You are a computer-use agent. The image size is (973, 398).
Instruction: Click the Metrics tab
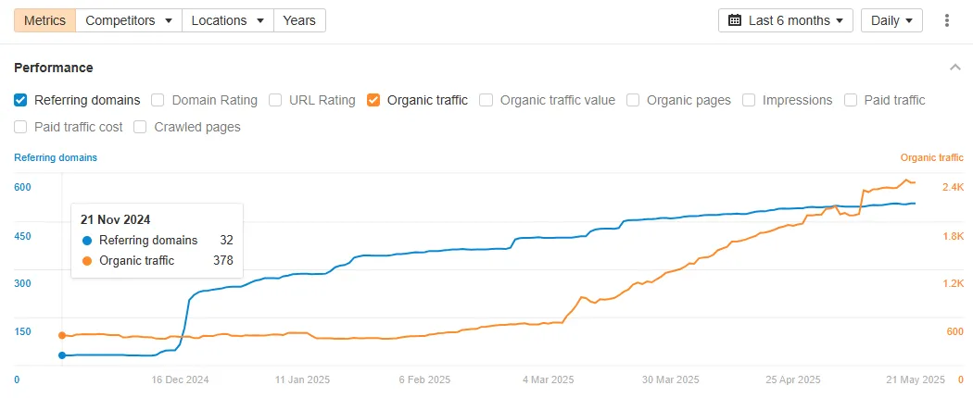[x=44, y=20]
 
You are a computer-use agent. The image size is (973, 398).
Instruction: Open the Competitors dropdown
[x=128, y=20]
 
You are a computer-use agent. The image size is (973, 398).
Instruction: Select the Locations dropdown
[x=227, y=20]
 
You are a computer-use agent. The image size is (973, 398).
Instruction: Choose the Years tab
[x=299, y=20]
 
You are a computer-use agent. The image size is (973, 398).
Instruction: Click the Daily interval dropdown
[x=891, y=20]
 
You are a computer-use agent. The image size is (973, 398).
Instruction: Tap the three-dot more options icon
[x=946, y=20]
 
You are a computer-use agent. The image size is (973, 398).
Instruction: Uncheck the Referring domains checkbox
[x=21, y=100]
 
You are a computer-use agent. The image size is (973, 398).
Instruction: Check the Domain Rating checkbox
[x=158, y=100]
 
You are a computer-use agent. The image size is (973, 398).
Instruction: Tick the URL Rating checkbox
[x=275, y=100]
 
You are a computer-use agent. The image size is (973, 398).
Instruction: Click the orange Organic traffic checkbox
[x=373, y=100]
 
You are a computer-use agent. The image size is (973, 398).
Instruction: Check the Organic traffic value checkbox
[x=486, y=100]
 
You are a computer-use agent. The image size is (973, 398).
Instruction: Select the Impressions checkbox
[x=749, y=100]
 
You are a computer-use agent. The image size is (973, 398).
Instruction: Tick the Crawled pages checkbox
[x=141, y=127]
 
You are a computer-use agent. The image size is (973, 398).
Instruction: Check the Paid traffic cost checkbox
[x=21, y=127]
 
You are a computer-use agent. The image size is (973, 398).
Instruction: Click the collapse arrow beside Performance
[x=955, y=68]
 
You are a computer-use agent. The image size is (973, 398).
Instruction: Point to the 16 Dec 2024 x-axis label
[x=181, y=379]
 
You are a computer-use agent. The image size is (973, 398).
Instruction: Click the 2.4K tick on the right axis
[x=954, y=188]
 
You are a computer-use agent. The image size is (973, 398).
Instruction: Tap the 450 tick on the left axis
[x=23, y=236]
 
